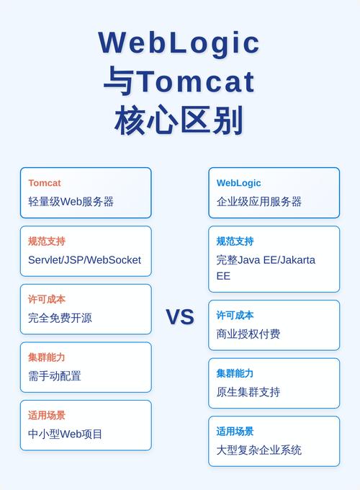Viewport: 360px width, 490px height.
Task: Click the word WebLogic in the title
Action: tap(179, 43)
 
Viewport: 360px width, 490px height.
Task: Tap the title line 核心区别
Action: tap(179, 120)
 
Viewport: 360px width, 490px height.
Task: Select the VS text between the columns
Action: tap(180, 317)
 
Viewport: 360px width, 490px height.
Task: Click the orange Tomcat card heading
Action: tap(45, 183)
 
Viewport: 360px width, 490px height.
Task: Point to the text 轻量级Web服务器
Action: tap(71, 202)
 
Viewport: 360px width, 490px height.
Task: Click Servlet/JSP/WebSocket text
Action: tap(85, 260)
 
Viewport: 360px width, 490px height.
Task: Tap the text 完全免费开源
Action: tap(60, 318)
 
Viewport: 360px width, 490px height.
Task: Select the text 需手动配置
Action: tap(55, 375)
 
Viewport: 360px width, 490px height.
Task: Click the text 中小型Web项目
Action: tap(66, 434)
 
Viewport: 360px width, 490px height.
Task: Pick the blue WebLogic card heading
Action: tap(239, 183)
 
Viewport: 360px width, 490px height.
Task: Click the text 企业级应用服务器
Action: tap(259, 202)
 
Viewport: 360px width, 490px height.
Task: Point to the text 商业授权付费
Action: tap(248, 334)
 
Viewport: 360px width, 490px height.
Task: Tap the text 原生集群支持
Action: tap(248, 392)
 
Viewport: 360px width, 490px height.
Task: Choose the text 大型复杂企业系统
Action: tap(259, 450)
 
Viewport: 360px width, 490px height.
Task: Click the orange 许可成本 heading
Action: tap(47, 299)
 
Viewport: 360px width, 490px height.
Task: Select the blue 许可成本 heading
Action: tap(235, 315)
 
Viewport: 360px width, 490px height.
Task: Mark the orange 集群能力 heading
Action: tap(47, 357)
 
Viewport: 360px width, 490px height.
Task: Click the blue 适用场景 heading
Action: tap(235, 431)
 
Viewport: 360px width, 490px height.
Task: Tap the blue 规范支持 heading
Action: tap(235, 241)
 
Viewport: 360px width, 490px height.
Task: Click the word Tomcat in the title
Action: tap(196, 81)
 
